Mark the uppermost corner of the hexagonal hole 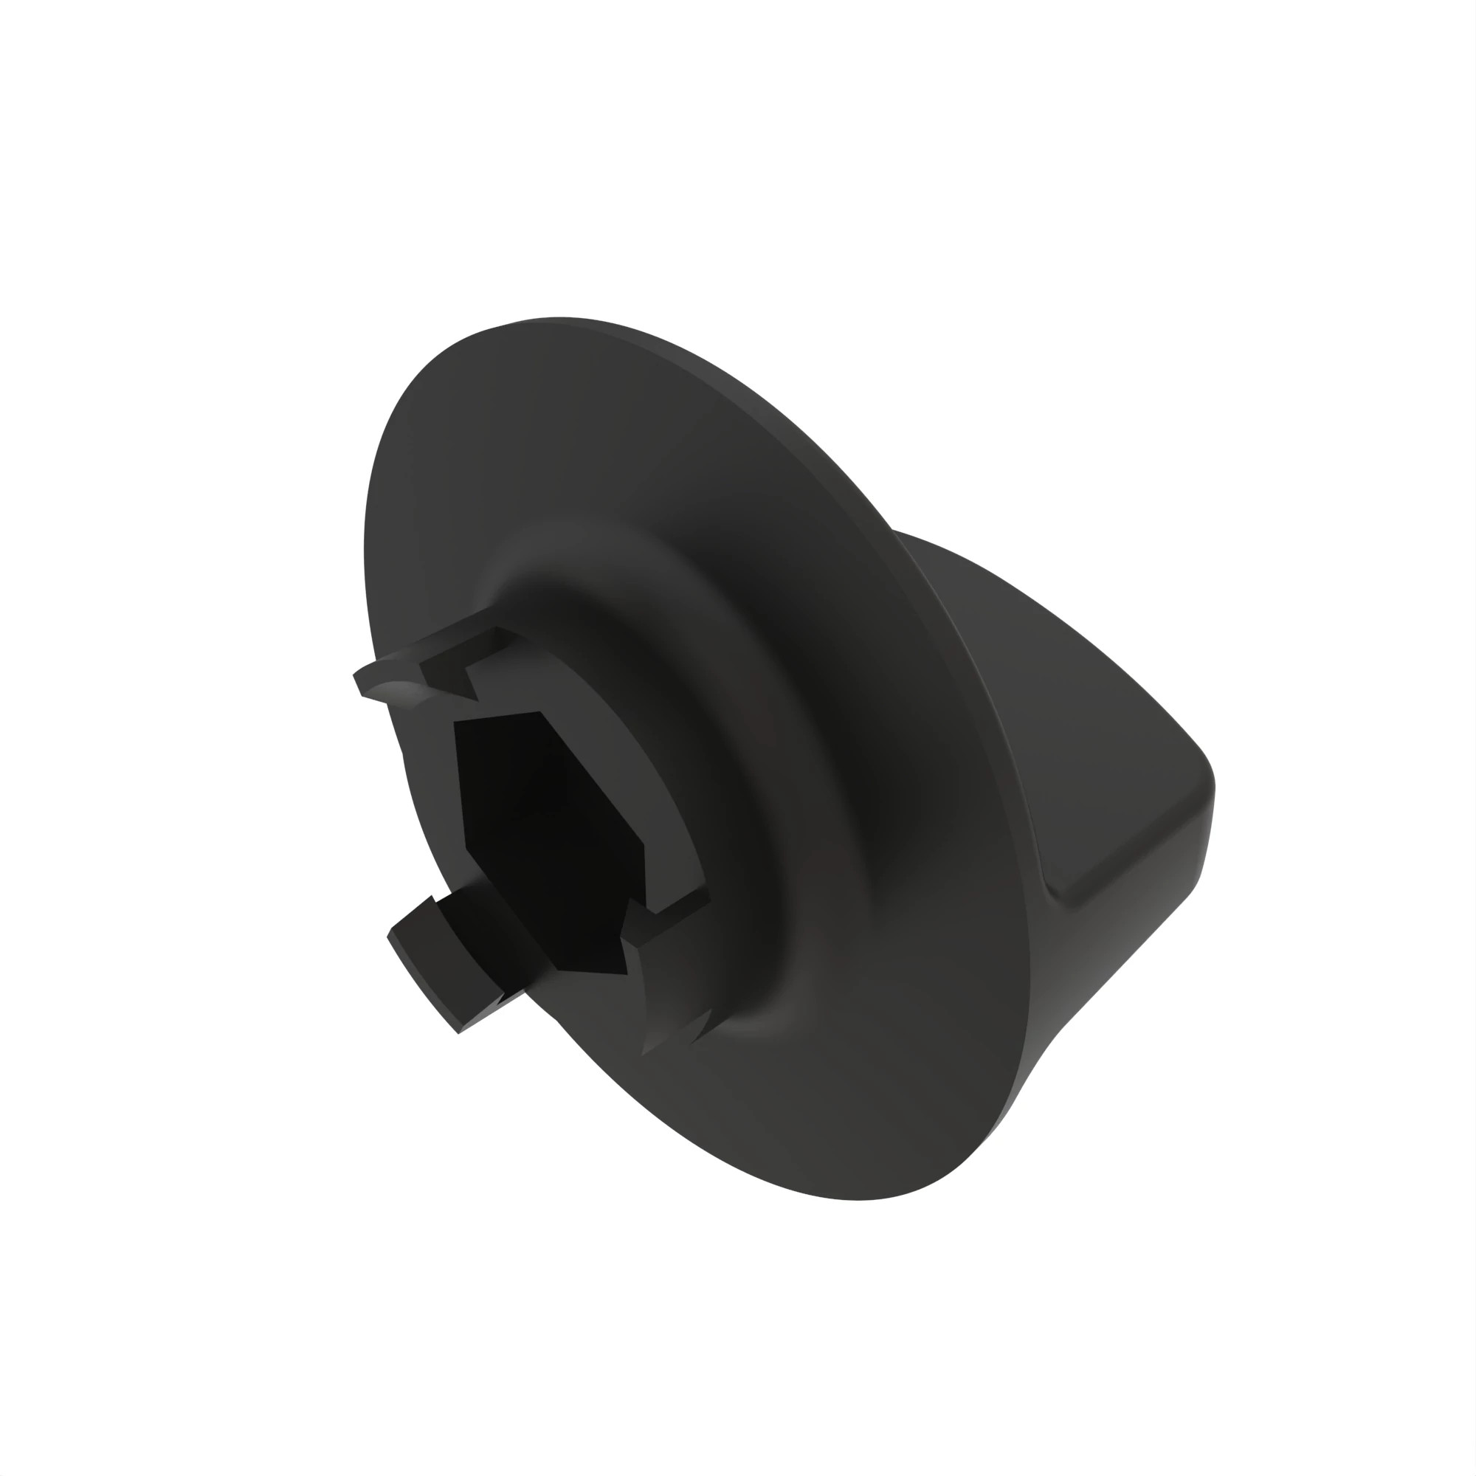click(x=539, y=712)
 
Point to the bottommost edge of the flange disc click(x=855, y=1199)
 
